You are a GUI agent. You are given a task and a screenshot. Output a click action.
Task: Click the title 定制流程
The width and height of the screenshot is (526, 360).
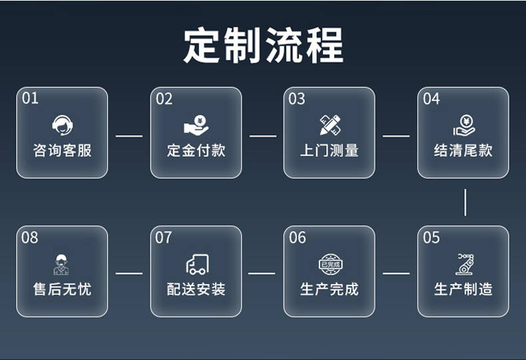pyautogui.click(x=263, y=45)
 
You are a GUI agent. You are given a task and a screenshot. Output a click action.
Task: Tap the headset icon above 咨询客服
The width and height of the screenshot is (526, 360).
pyautogui.click(x=62, y=124)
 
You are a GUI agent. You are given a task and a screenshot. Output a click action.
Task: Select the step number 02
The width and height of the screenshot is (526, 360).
pyautogui.click(x=164, y=99)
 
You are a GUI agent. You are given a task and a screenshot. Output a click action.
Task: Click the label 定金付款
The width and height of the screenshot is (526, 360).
pyautogui.click(x=196, y=150)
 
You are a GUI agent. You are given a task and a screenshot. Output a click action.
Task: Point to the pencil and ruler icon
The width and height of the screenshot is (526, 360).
pyautogui.click(x=330, y=124)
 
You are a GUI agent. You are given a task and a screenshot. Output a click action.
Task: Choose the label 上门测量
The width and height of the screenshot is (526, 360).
pyautogui.click(x=330, y=150)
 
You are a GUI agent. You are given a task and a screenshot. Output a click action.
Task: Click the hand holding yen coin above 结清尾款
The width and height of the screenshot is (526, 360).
pyautogui.click(x=463, y=124)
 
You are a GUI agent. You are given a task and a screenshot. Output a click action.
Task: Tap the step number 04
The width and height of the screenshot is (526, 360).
pyautogui.click(x=431, y=99)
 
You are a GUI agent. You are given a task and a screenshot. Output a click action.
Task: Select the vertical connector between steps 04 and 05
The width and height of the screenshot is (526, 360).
pyautogui.click(x=465, y=202)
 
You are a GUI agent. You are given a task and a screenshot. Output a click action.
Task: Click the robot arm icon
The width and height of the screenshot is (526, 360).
pyautogui.click(x=463, y=264)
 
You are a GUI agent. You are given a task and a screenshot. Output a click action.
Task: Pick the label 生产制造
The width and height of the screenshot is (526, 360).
pyautogui.click(x=463, y=289)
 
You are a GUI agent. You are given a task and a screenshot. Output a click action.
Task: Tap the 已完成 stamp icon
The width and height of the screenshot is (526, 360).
pyautogui.click(x=330, y=264)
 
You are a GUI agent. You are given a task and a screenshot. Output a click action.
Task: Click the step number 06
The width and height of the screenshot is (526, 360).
pyautogui.click(x=298, y=238)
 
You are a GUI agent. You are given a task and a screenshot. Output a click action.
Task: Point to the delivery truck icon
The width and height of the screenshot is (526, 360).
pyautogui.click(x=196, y=264)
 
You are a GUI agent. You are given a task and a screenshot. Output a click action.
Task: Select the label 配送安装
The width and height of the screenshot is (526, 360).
pyautogui.click(x=196, y=289)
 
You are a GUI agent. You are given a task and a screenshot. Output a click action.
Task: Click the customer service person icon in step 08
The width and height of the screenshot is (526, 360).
pyautogui.click(x=62, y=264)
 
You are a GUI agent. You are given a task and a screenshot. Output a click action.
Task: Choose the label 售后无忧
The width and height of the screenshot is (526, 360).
pyautogui.click(x=62, y=289)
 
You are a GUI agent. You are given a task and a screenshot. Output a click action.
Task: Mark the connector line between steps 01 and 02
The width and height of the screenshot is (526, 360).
pyautogui.click(x=129, y=136)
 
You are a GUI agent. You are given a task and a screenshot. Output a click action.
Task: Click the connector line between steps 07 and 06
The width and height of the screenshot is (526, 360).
pyautogui.click(x=262, y=273)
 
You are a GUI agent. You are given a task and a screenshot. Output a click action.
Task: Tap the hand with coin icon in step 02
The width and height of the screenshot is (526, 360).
pyautogui.click(x=196, y=124)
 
